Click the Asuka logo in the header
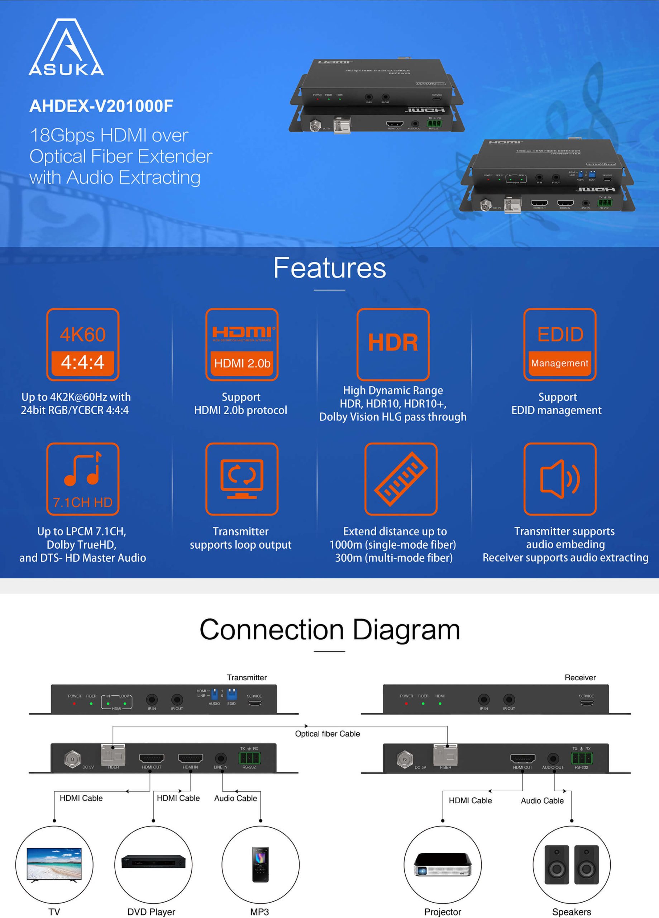(x=66, y=47)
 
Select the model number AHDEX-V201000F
(x=101, y=106)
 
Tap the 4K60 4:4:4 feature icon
(x=82, y=345)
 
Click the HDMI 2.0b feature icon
(x=242, y=345)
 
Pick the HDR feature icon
(x=393, y=345)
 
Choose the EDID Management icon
(x=559, y=345)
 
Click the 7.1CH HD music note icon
(x=82, y=478)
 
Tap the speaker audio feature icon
(x=559, y=478)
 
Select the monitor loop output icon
(x=242, y=478)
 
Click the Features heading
(x=329, y=268)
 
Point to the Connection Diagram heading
(x=329, y=630)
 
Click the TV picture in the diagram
(x=54, y=865)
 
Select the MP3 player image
(x=260, y=864)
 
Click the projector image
(x=443, y=865)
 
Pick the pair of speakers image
(x=571, y=864)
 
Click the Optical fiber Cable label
(x=327, y=734)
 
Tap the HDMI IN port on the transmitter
(x=190, y=758)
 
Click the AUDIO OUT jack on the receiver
(x=553, y=758)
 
